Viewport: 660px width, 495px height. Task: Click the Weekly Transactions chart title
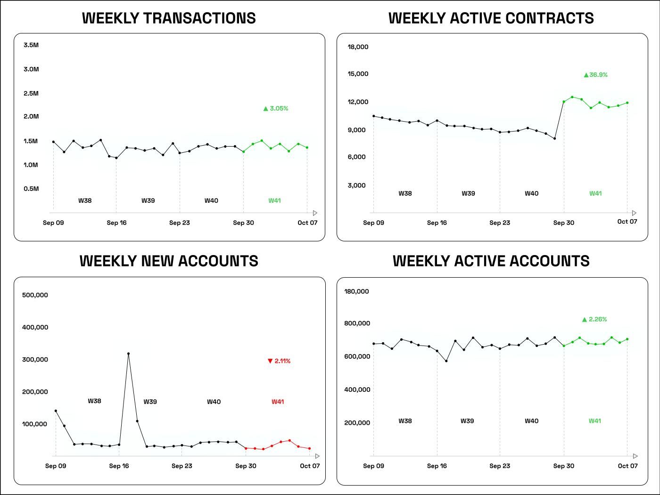click(x=169, y=18)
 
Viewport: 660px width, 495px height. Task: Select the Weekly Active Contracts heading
click(x=491, y=18)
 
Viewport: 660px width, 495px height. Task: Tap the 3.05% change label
click(x=276, y=108)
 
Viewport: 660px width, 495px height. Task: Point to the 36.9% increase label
click(x=596, y=75)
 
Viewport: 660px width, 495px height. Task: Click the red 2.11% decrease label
click(x=279, y=361)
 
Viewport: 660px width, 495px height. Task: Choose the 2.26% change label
click(x=594, y=320)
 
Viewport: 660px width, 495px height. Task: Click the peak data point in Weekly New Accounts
click(x=128, y=354)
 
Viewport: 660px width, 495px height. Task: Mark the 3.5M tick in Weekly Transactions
click(x=31, y=45)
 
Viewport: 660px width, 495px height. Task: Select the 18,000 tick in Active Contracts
click(x=358, y=47)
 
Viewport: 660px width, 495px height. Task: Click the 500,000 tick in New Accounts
click(x=35, y=295)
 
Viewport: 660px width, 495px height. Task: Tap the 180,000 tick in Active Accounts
click(x=356, y=291)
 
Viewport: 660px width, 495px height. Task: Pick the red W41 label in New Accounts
click(x=278, y=402)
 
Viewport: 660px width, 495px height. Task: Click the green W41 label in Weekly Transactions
click(x=274, y=200)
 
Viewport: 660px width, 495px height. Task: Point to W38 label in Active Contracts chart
click(x=405, y=193)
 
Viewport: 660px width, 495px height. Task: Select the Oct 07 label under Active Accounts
click(x=627, y=466)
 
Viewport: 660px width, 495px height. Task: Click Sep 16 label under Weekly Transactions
click(x=116, y=223)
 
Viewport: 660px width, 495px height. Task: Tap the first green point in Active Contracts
click(x=564, y=102)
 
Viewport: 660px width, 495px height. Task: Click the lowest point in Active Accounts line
click(x=446, y=361)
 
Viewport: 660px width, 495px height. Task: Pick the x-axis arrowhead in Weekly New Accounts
click(x=317, y=456)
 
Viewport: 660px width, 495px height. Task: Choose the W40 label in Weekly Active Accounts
click(x=531, y=421)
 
